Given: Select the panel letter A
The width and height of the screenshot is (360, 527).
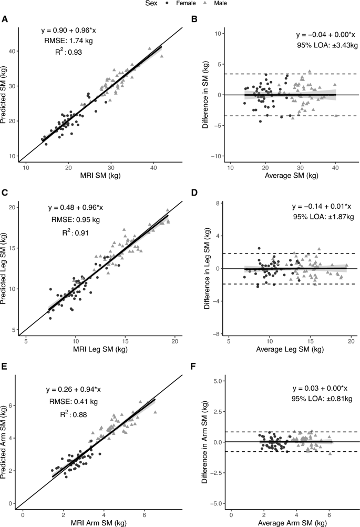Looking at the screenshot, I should [5, 19].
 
